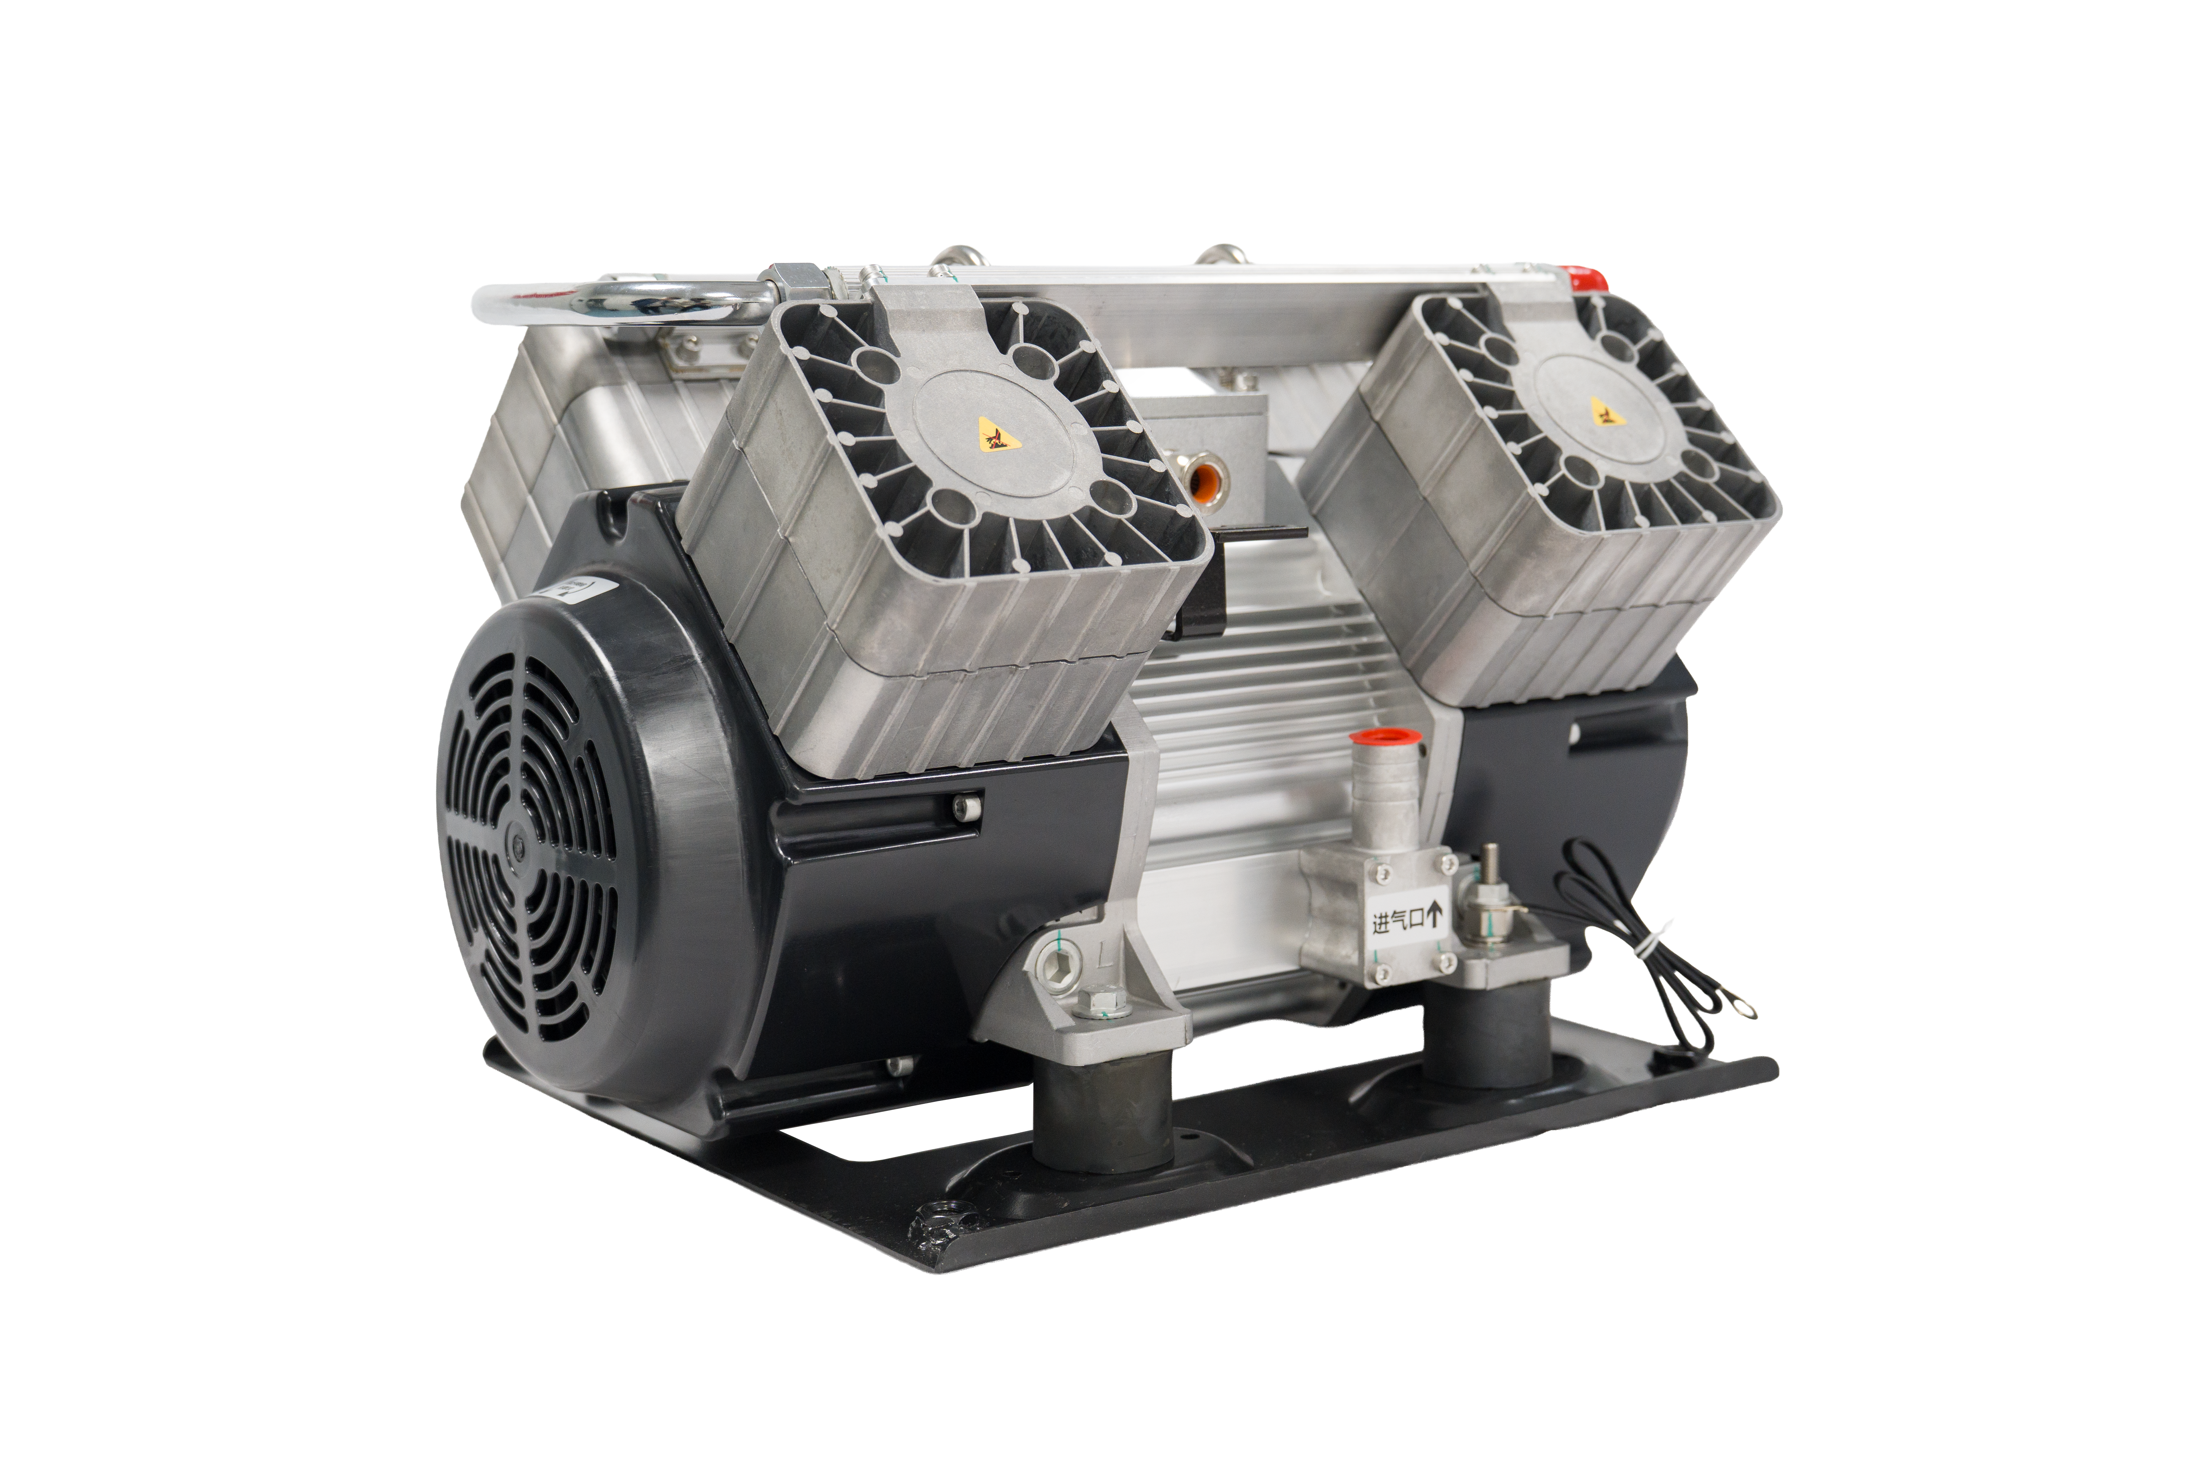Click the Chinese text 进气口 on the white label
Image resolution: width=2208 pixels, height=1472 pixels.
click(x=1398, y=920)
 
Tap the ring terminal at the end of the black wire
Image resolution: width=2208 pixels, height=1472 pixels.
click(x=1743, y=1008)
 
